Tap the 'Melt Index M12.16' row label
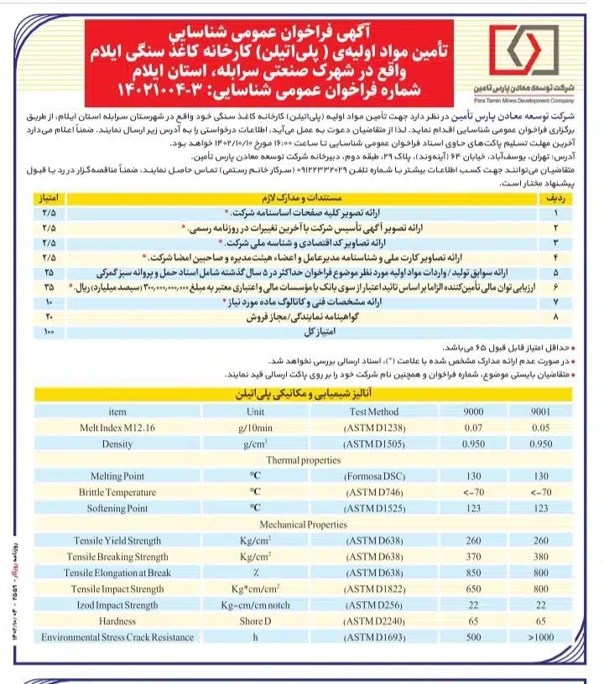click(117, 427)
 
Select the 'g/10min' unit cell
click(255, 427)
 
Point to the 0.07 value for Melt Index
click(474, 427)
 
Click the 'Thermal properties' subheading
click(303, 460)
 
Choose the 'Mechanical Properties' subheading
click(303, 525)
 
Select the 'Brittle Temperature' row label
click(117, 492)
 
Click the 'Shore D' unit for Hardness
click(255, 621)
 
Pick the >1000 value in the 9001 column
click(541, 637)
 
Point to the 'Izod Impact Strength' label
click(117, 605)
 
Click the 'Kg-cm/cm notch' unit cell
click(255, 605)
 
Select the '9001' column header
click(541, 412)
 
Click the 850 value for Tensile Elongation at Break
click(474, 573)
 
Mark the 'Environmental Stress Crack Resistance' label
click(117, 637)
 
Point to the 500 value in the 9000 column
click(474, 637)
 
